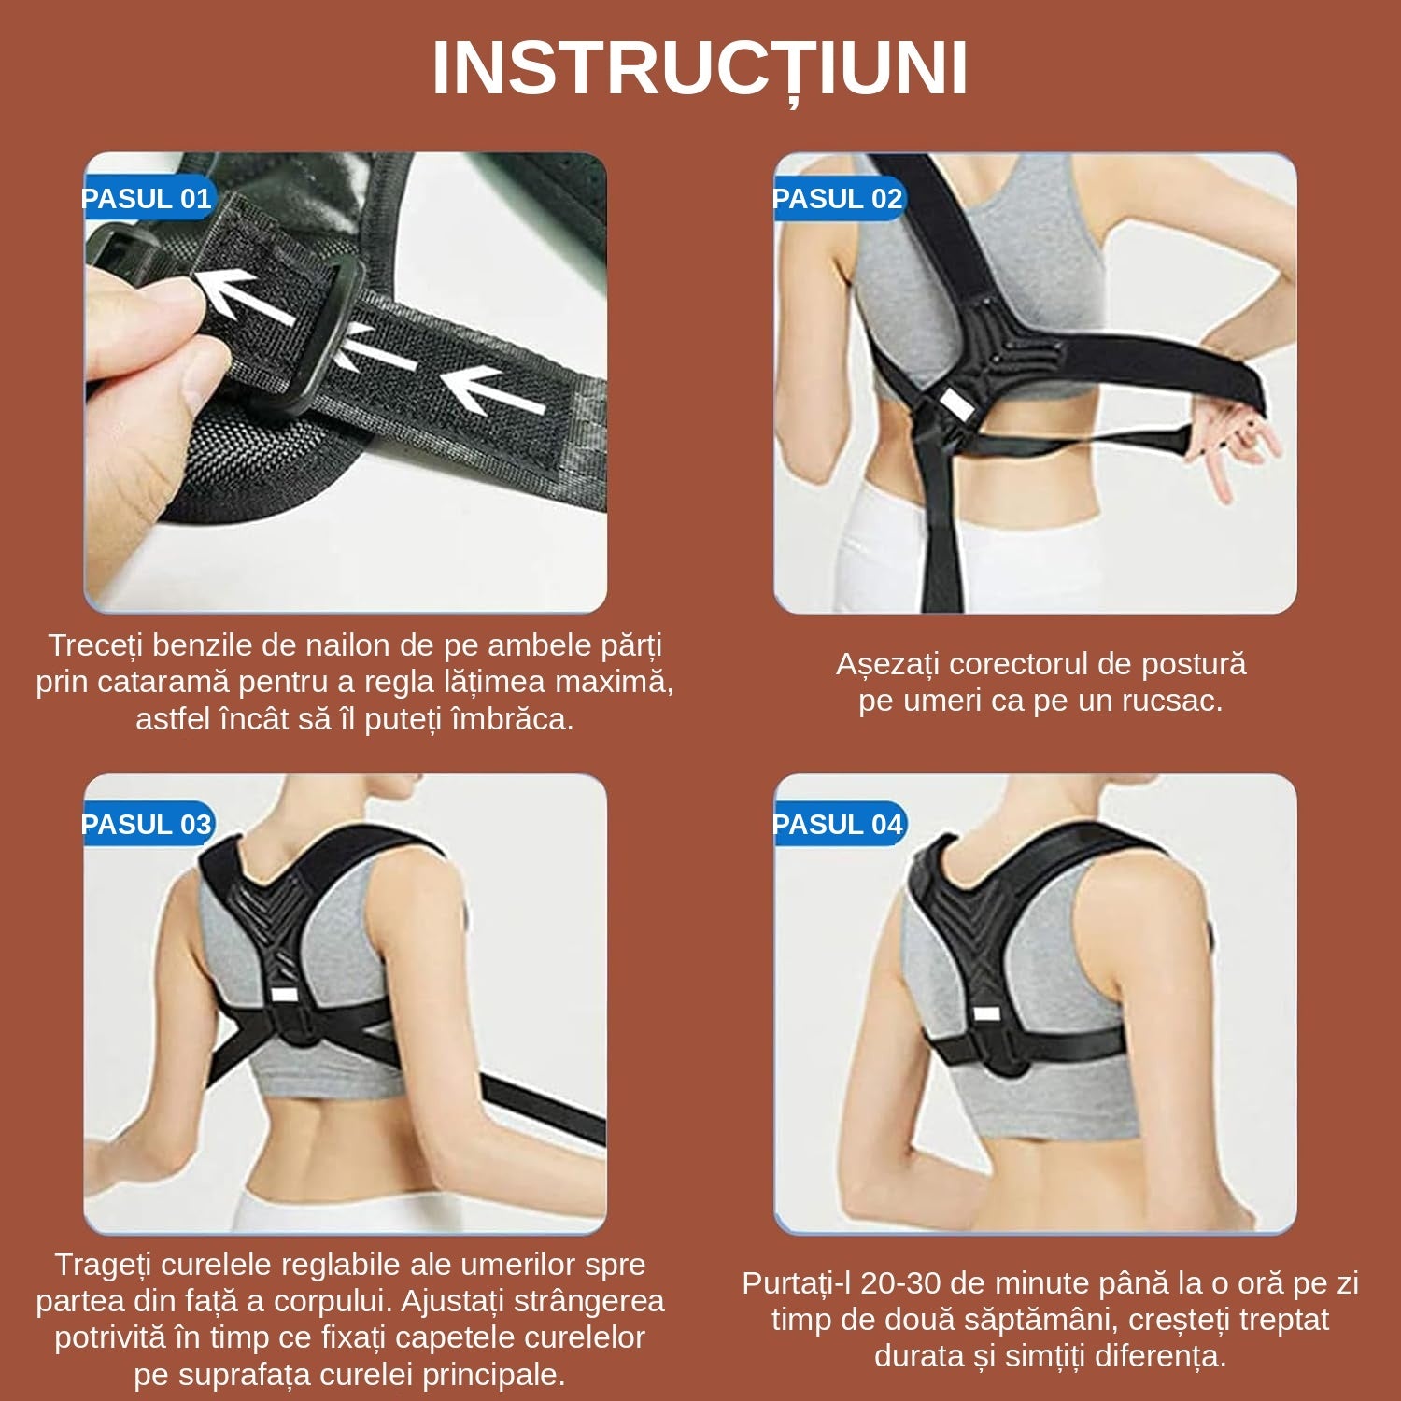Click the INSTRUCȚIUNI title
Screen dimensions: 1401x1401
(x=700, y=70)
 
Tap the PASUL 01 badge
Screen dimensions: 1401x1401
(x=148, y=199)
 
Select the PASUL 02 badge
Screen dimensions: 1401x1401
(x=838, y=199)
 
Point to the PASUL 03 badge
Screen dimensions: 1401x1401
(x=148, y=825)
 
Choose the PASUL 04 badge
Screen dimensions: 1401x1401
(x=838, y=825)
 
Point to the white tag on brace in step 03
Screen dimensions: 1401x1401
(x=282, y=994)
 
